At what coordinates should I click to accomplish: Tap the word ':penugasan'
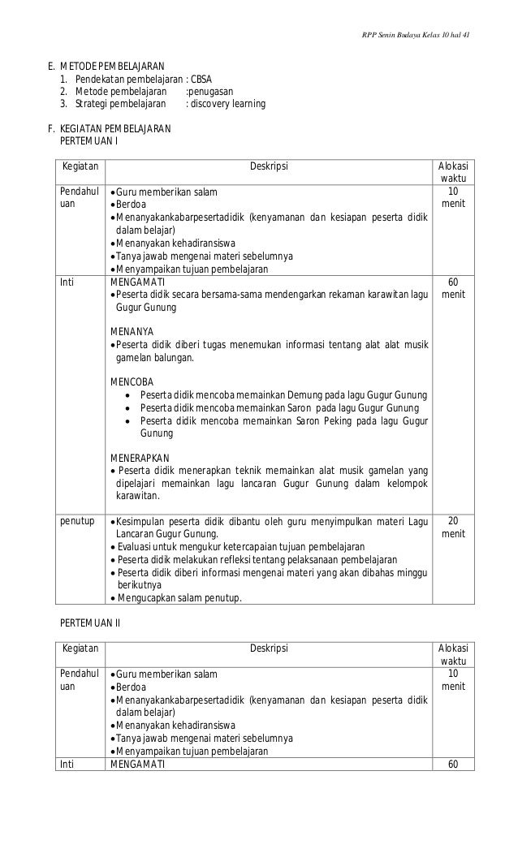pos(209,92)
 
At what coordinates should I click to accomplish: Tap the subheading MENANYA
pos(131,331)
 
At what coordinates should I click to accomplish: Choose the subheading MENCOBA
pos(131,381)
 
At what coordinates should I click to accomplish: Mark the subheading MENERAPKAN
pos(140,458)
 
